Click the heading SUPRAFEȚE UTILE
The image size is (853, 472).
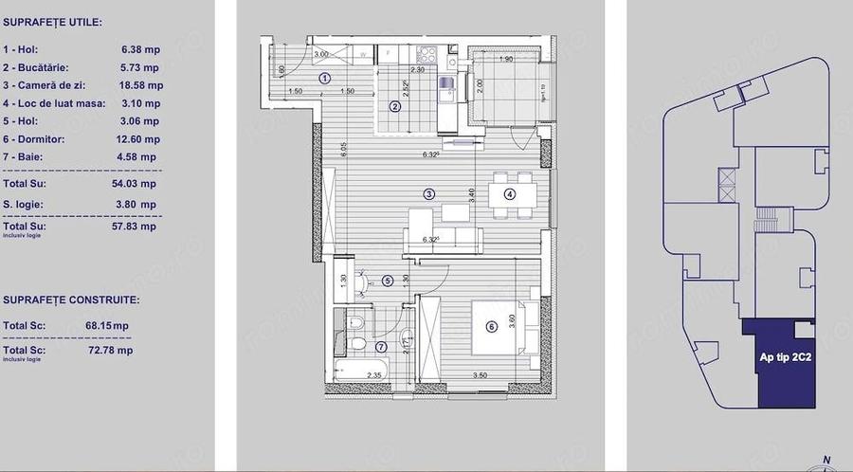pos(53,21)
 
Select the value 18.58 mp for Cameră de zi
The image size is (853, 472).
pos(140,85)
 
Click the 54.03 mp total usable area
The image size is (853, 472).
pos(134,184)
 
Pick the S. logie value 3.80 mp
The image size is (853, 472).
pos(135,204)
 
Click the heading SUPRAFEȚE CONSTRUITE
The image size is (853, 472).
pos(71,300)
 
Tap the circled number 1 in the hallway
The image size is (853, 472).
pos(325,79)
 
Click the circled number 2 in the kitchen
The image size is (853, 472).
pos(395,106)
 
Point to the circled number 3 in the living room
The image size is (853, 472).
pos(429,193)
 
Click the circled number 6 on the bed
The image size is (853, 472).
pos(491,328)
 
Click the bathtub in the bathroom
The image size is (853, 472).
pos(360,369)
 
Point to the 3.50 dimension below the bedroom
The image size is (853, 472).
pos(481,376)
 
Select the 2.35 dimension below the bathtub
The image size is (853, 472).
pos(374,376)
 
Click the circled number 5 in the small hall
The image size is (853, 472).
pos(387,281)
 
